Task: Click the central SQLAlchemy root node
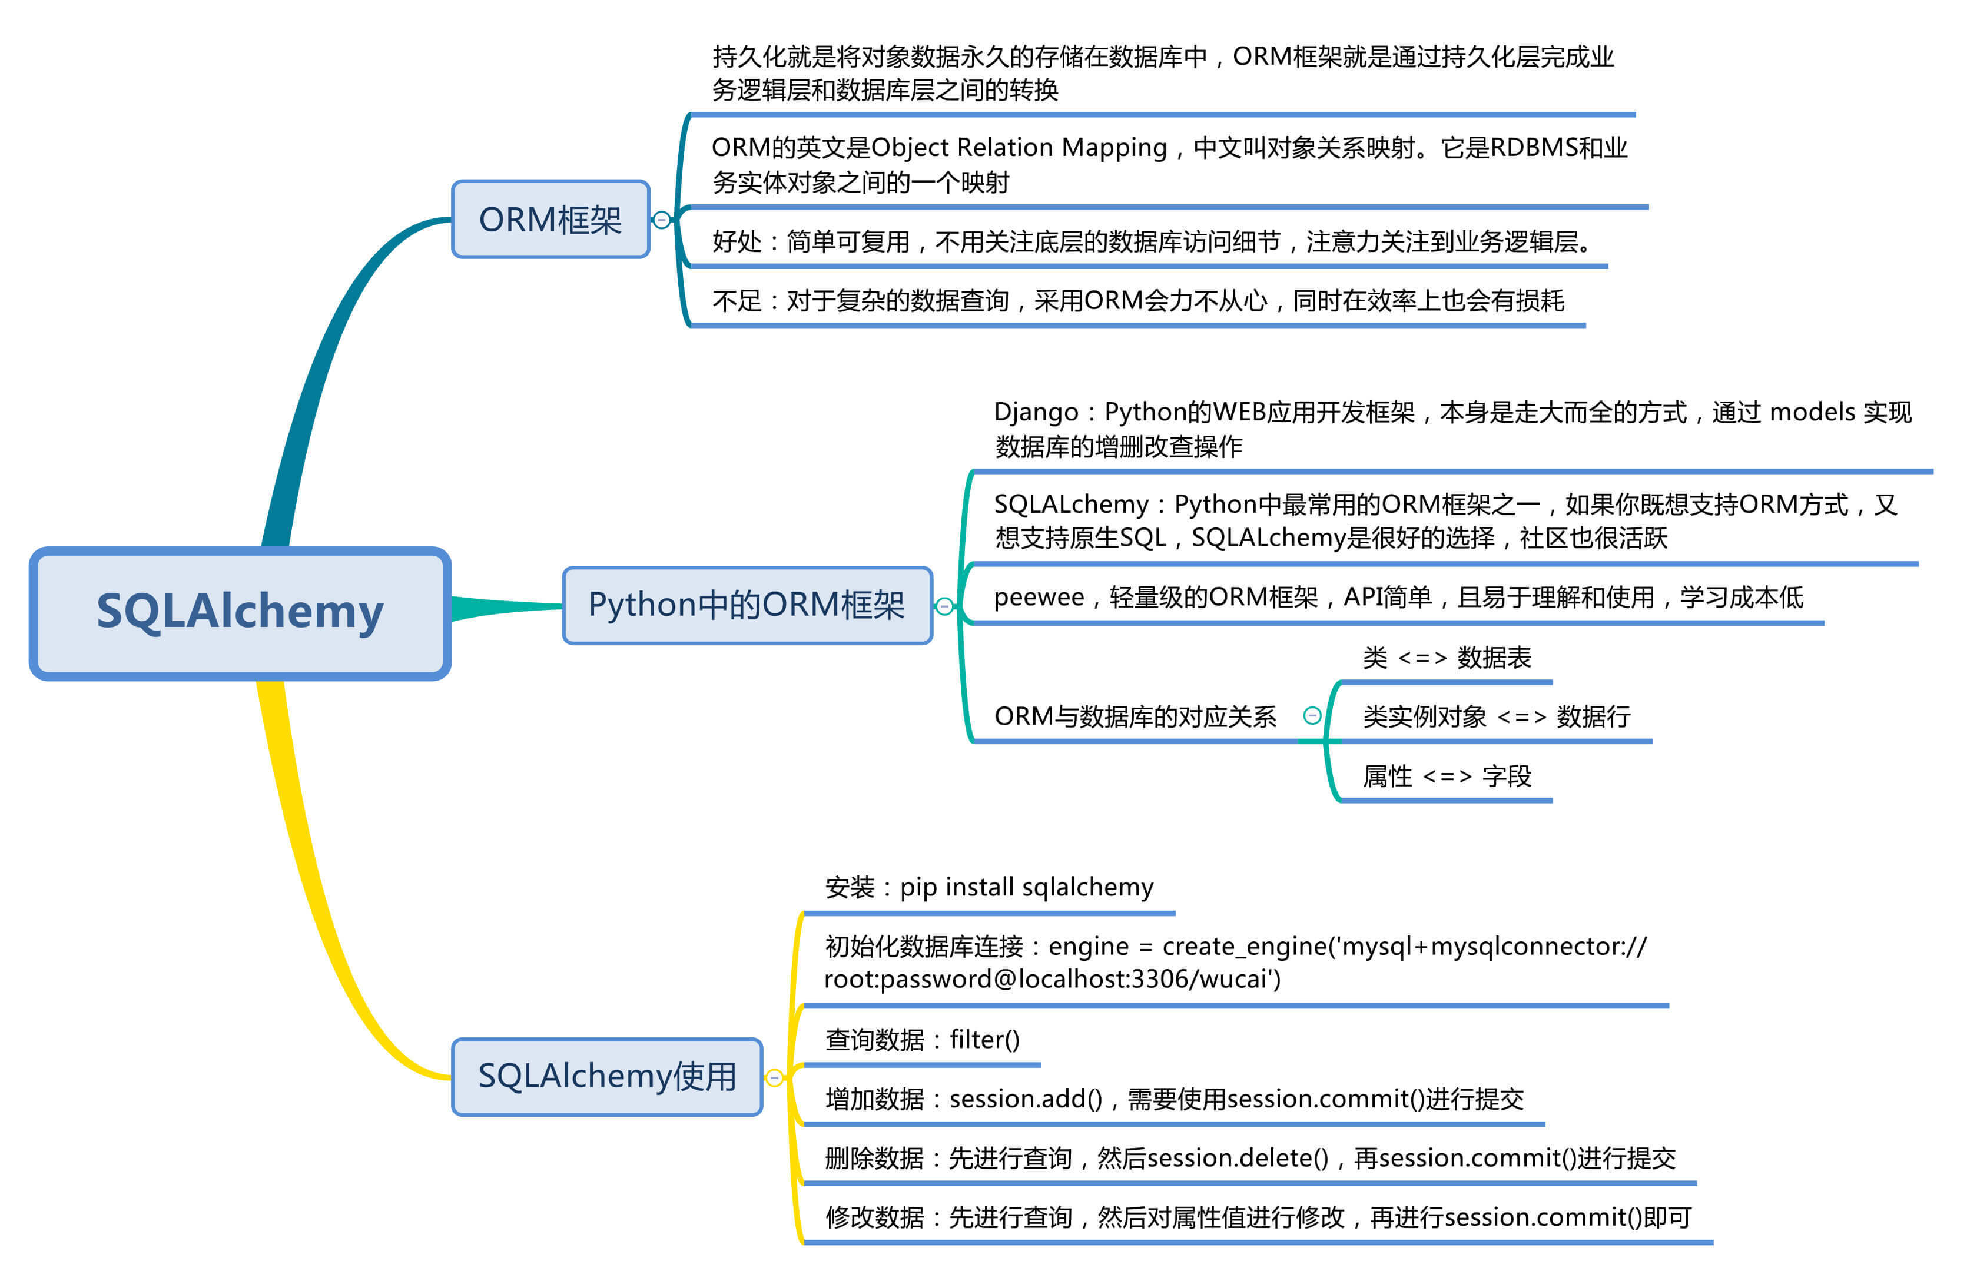click(x=240, y=613)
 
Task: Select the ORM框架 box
click(x=550, y=220)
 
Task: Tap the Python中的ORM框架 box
click(x=747, y=605)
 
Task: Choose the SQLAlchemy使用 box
click(x=606, y=1076)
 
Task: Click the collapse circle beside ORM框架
click(x=661, y=220)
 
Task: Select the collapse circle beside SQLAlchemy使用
click(x=774, y=1077)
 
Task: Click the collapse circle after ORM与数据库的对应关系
click(x=1312, y=715)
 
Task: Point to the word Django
click(x=1036, y=412)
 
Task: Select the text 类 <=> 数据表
click(x=1447, y=658)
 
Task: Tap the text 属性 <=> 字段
click(x=1447, y=776)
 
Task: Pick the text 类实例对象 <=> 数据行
click(x=1496, y=716)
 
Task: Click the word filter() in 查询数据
click(x=984, y=1039)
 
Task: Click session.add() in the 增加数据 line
click(x=1026, y=1099)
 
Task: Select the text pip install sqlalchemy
click(x=1026, y=887)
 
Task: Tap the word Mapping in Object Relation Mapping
click(x=1114, y=148)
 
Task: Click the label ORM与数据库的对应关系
click(x=1135, y=716)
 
